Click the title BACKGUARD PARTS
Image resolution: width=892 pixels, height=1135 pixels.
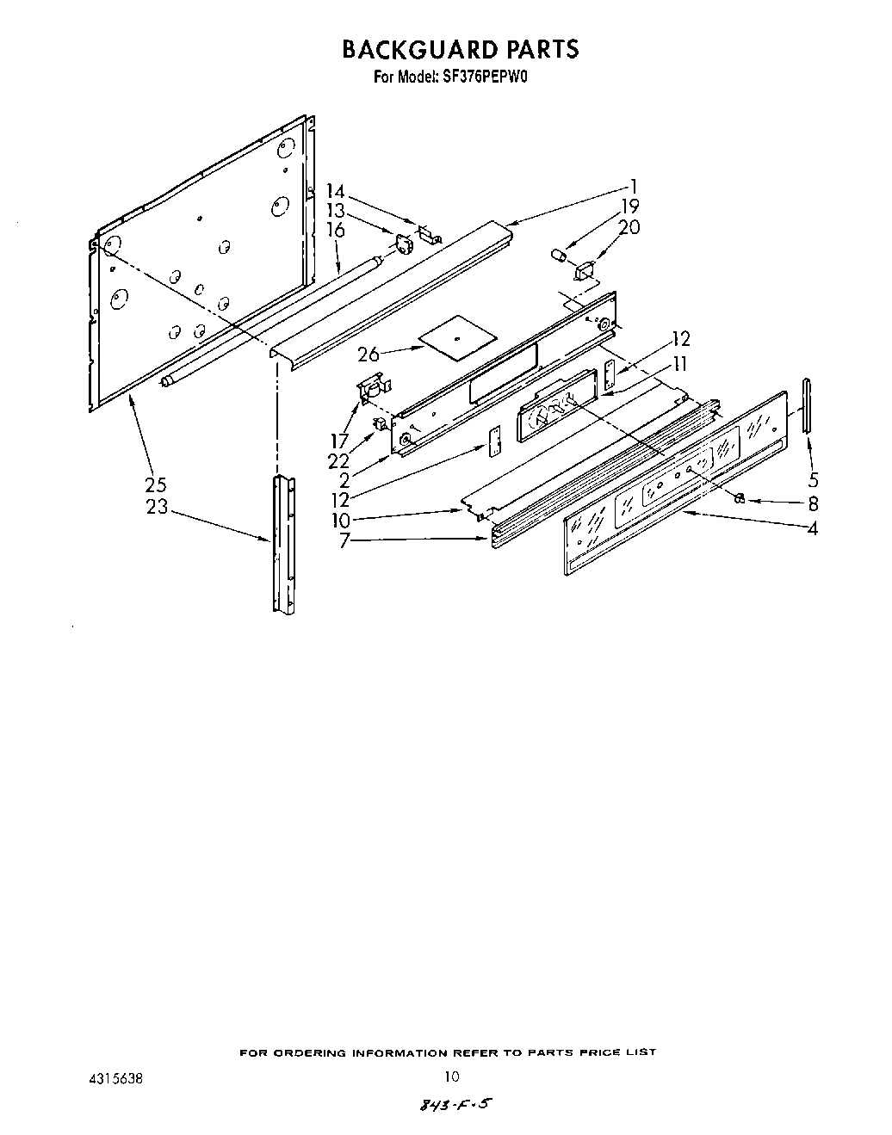(461, 49)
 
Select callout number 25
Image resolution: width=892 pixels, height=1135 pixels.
(155, 484)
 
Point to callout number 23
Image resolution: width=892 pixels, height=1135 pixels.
(157, 507)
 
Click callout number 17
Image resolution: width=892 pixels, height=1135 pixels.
(339, 441)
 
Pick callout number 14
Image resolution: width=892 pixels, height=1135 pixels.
(335, 193)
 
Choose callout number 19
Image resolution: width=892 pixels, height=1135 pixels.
(630, 207)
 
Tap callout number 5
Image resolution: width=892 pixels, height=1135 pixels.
(812, 481)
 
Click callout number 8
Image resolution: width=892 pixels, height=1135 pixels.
(812, 504)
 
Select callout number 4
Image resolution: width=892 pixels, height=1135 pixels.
(812, 528)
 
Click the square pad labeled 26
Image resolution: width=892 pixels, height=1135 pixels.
(455, 332)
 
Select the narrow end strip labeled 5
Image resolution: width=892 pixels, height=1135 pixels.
(807, 404)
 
